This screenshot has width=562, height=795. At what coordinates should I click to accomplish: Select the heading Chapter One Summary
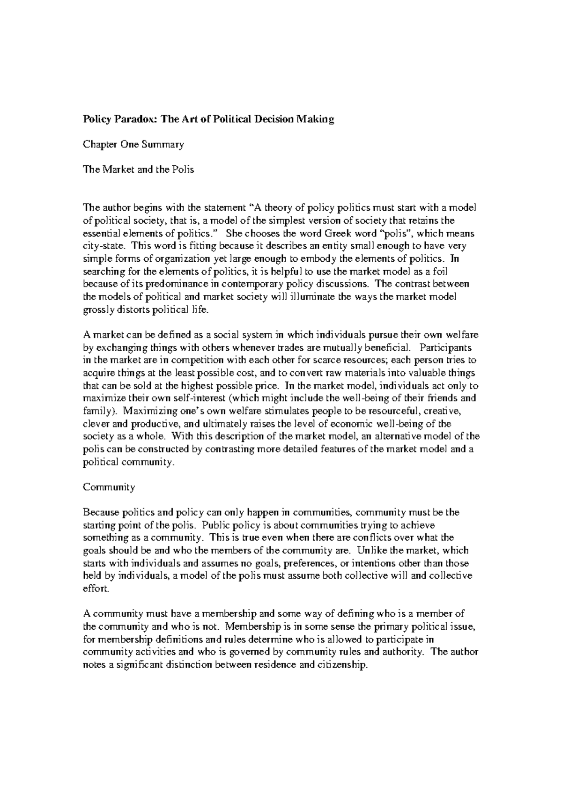click(133, 145)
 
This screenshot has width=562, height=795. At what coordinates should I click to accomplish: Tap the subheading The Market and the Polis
click(138, 170)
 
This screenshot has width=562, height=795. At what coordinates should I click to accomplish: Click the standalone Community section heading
click(109, 487)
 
